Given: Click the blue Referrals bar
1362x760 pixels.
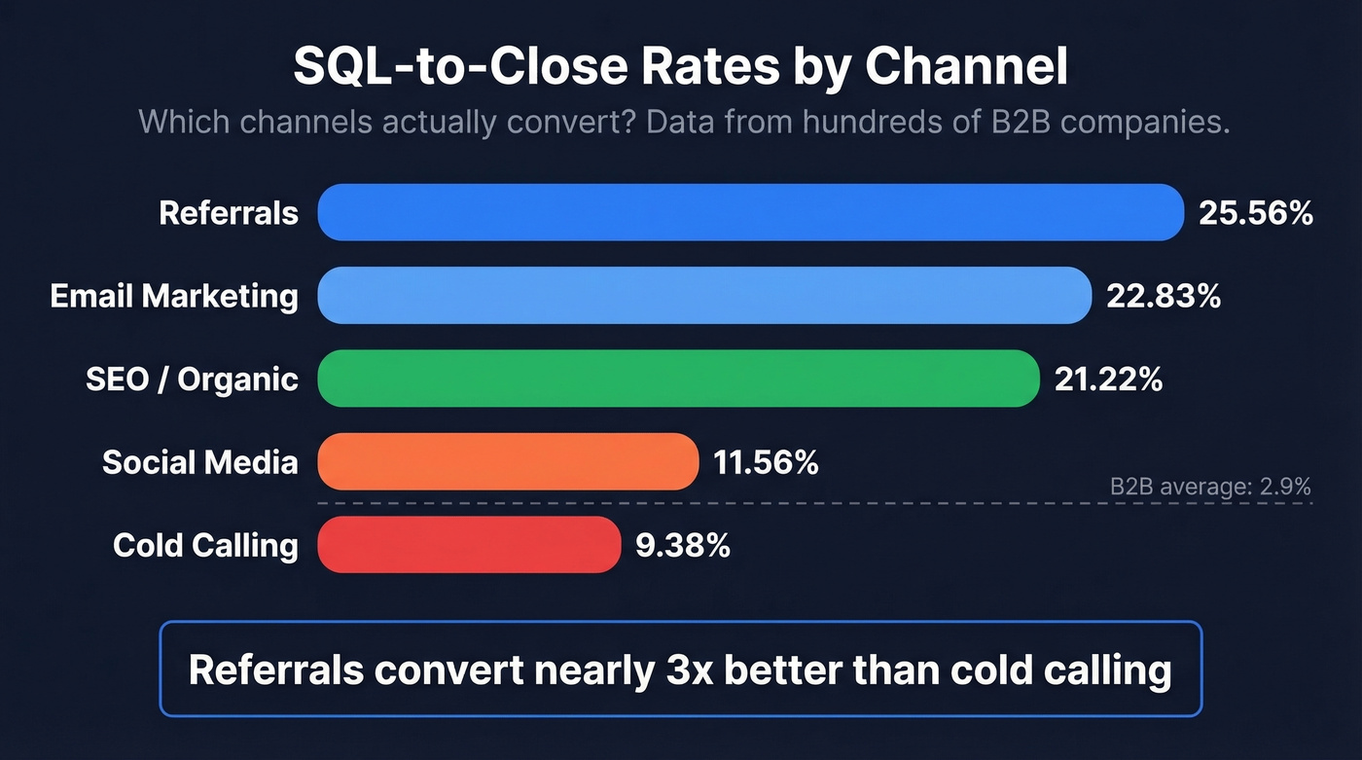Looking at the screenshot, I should pos(750,212).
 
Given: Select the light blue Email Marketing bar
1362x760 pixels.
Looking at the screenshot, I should pos(704,295).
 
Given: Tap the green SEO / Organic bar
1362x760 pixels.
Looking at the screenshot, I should pos(679,379).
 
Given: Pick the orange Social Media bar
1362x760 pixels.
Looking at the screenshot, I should pos(508,461).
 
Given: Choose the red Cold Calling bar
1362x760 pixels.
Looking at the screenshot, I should pos(469,545).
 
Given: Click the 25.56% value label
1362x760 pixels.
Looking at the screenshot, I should pos(1255,213).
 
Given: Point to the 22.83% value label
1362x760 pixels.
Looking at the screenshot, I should pos(1164,296).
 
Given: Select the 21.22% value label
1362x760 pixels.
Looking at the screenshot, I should pos(1108,379).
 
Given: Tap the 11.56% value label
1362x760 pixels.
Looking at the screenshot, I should pos(766,462).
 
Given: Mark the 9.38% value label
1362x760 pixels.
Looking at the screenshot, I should pos(682,545).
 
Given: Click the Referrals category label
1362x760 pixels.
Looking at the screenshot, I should pos(229,213).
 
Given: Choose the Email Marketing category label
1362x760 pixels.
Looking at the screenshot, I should pos(174,296).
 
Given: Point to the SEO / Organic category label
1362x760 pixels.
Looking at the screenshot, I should pos(192,379).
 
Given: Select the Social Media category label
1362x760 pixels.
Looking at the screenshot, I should pos(199,462).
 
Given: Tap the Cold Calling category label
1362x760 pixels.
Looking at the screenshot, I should pos(205,545).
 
